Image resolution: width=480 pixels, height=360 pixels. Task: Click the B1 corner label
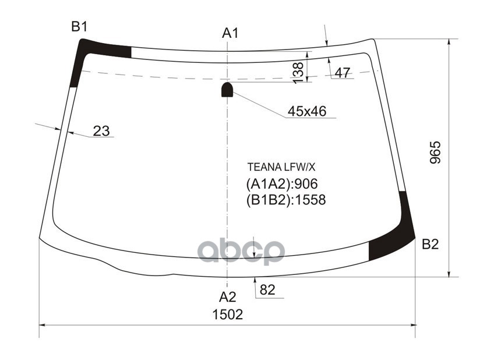(79, 27)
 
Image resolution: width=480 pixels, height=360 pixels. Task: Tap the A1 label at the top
(230, 33)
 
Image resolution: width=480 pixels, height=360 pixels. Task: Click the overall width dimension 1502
(227, 315)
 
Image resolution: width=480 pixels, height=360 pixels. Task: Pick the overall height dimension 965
(436, 153)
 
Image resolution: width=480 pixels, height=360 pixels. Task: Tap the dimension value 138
(298, 72)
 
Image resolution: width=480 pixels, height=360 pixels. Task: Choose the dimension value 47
(343, 73)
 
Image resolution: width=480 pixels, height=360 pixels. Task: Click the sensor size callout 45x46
(307, 111)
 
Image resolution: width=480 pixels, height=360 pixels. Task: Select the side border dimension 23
(101, 131)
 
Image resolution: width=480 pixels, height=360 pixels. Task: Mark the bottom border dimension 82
(267, 290)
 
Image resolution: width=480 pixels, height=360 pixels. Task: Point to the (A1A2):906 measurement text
(283, 185)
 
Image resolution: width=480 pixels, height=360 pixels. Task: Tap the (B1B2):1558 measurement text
(286, 200)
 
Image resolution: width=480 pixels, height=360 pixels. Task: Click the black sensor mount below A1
(227, 89)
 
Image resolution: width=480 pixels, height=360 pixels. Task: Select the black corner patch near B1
(82, 55)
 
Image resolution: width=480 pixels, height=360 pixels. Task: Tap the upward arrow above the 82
(255, 282)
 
